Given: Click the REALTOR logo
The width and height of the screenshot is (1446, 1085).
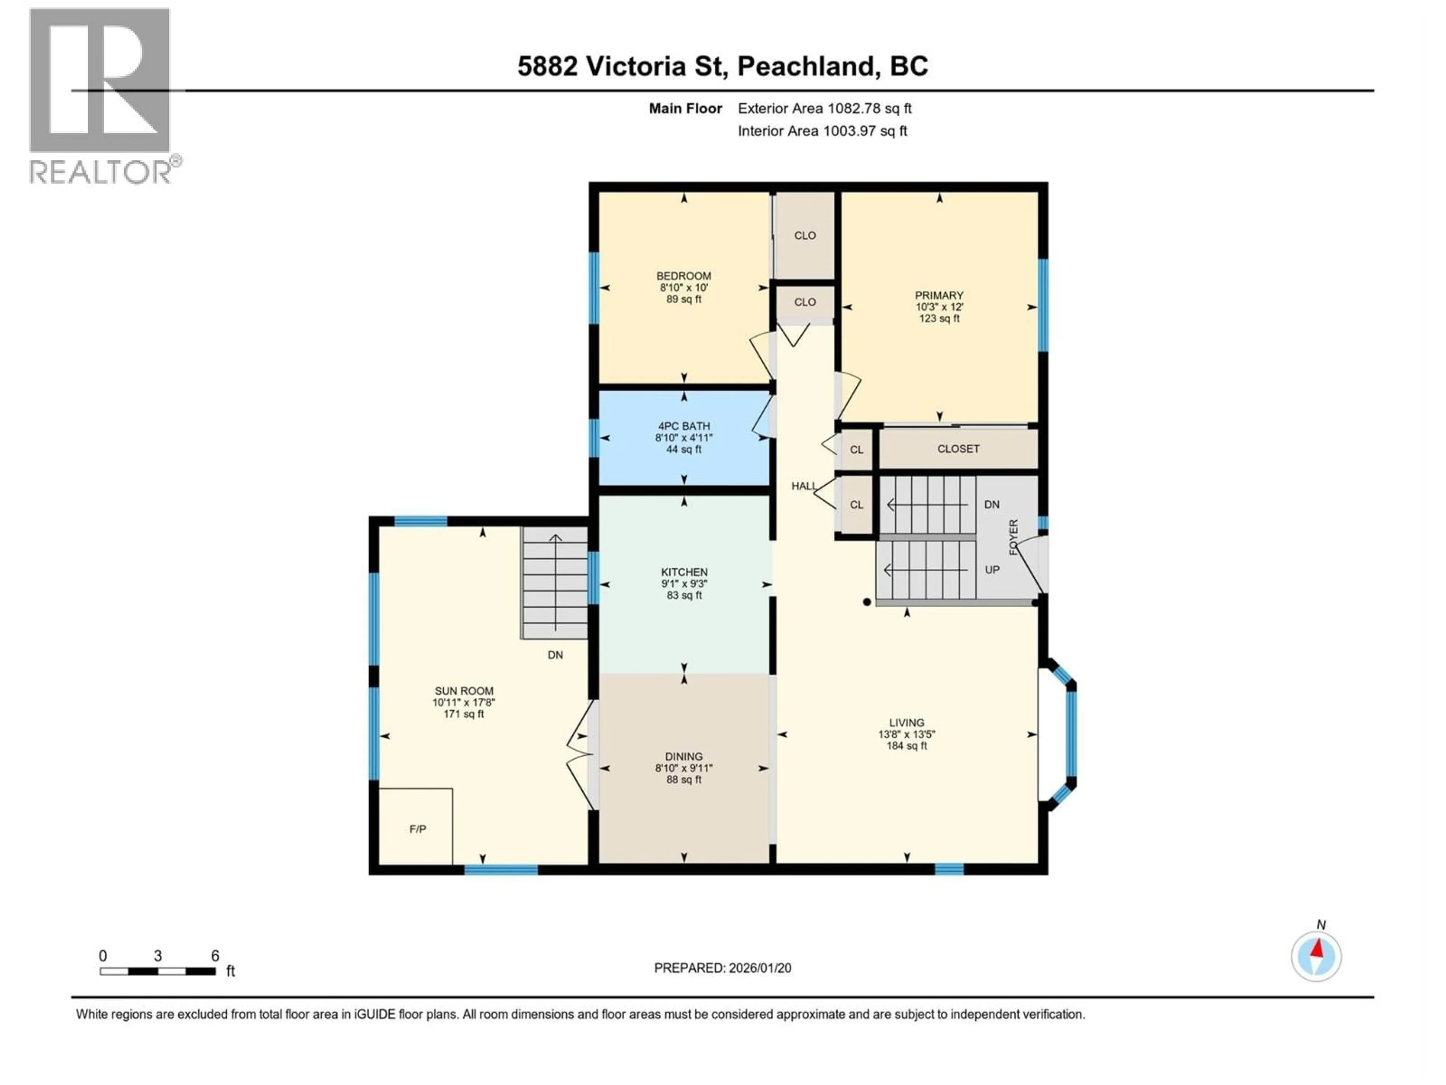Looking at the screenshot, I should click(x=101, y=95).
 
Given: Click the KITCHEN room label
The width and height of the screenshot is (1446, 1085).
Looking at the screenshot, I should click(x=684, y=572).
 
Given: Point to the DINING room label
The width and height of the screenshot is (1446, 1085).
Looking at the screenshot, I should click(x=684, y=756).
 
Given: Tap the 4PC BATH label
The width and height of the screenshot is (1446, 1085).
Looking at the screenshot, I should click(x=684, y=426).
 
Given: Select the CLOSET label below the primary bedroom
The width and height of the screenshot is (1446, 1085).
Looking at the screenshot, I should click(x=958, y=449).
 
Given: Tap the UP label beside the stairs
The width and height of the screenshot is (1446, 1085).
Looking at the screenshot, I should click(x=991, y=570).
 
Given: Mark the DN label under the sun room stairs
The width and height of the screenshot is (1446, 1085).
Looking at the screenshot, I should click(x=555, y=655).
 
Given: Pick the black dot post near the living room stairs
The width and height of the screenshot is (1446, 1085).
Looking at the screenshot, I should click(x=867, y=602).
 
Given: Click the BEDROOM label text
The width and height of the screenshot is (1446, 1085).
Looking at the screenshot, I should click(x=684, y=276).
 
